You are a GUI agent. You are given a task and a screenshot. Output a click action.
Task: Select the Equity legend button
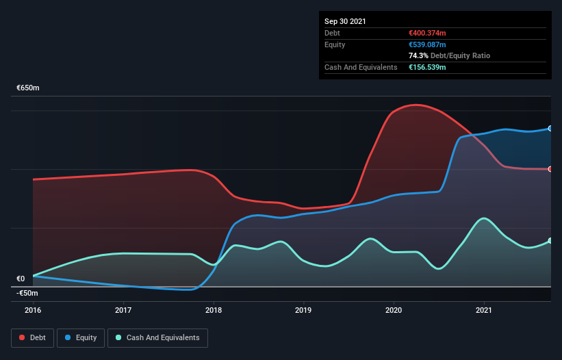[x=80, y=337]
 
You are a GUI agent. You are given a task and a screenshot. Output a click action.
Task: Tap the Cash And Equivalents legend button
[x=157, y=337]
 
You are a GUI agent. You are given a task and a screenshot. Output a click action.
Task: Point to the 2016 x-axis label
[x=33, y=310]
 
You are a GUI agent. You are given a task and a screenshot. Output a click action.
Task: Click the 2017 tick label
[x=123, y=310]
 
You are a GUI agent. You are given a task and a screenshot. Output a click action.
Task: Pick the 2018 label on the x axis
[x=214, y=310]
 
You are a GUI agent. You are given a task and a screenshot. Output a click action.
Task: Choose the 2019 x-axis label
[x=304, y=310]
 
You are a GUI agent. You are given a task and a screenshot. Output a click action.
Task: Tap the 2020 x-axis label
[x=394, y=310]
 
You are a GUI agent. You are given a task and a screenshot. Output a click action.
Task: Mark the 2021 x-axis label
[x=484, y=310]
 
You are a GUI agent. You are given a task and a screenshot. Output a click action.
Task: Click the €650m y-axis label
[x=28, y=88]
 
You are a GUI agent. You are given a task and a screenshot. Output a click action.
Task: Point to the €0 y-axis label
[x=21, y=279]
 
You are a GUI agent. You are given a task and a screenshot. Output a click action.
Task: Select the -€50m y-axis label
[x=27, y=293]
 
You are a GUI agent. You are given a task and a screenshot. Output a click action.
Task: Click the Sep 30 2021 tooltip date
[x=345, y=21]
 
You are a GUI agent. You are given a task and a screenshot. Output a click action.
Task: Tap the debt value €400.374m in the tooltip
[x=426, y=33]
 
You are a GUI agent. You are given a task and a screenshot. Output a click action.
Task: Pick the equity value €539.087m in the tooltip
[x=426, y=44]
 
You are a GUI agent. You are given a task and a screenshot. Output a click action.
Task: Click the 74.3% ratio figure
[x=417, y=55]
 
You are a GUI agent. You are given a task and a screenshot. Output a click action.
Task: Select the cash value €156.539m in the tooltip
[x=426, y=67]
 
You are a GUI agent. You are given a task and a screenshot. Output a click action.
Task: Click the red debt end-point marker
[x=550, y=169]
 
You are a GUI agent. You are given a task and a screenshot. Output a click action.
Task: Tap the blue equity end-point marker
[x=550, y=129]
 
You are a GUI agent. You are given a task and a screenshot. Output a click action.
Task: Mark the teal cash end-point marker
[x=550, y=241]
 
